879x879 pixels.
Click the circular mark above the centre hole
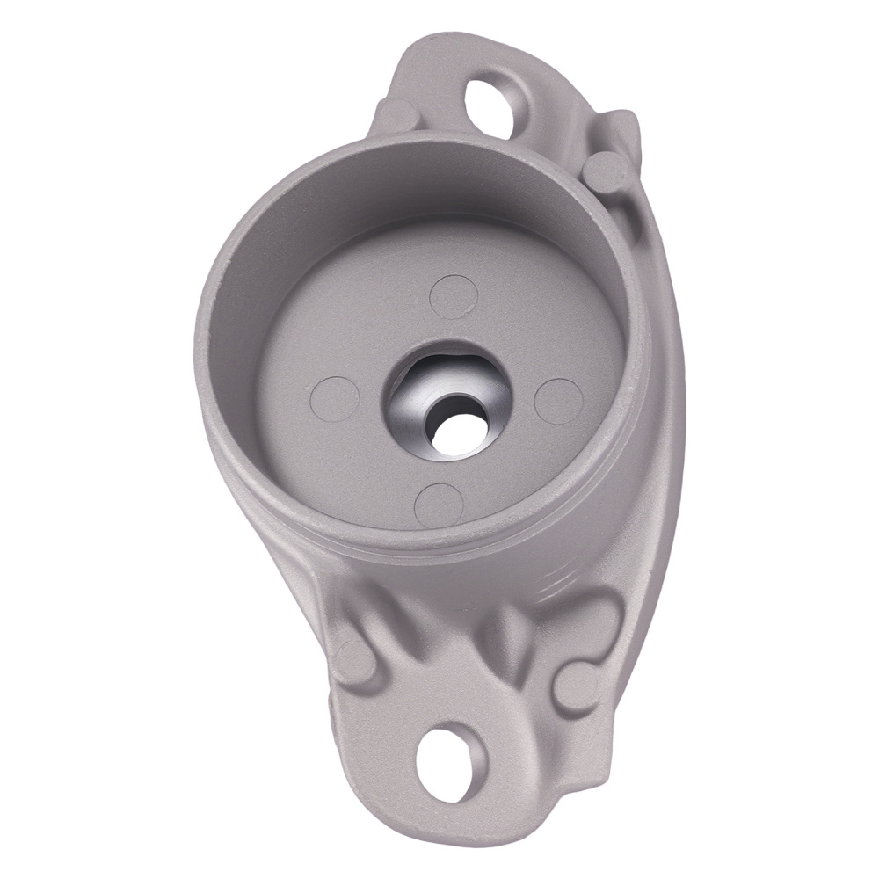pyautogui.click(x=454, y=297)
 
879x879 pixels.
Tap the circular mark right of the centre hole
pyautogui.click(x=559, y=401)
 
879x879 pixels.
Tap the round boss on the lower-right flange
pyautogui.click(x=576, y=686)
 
